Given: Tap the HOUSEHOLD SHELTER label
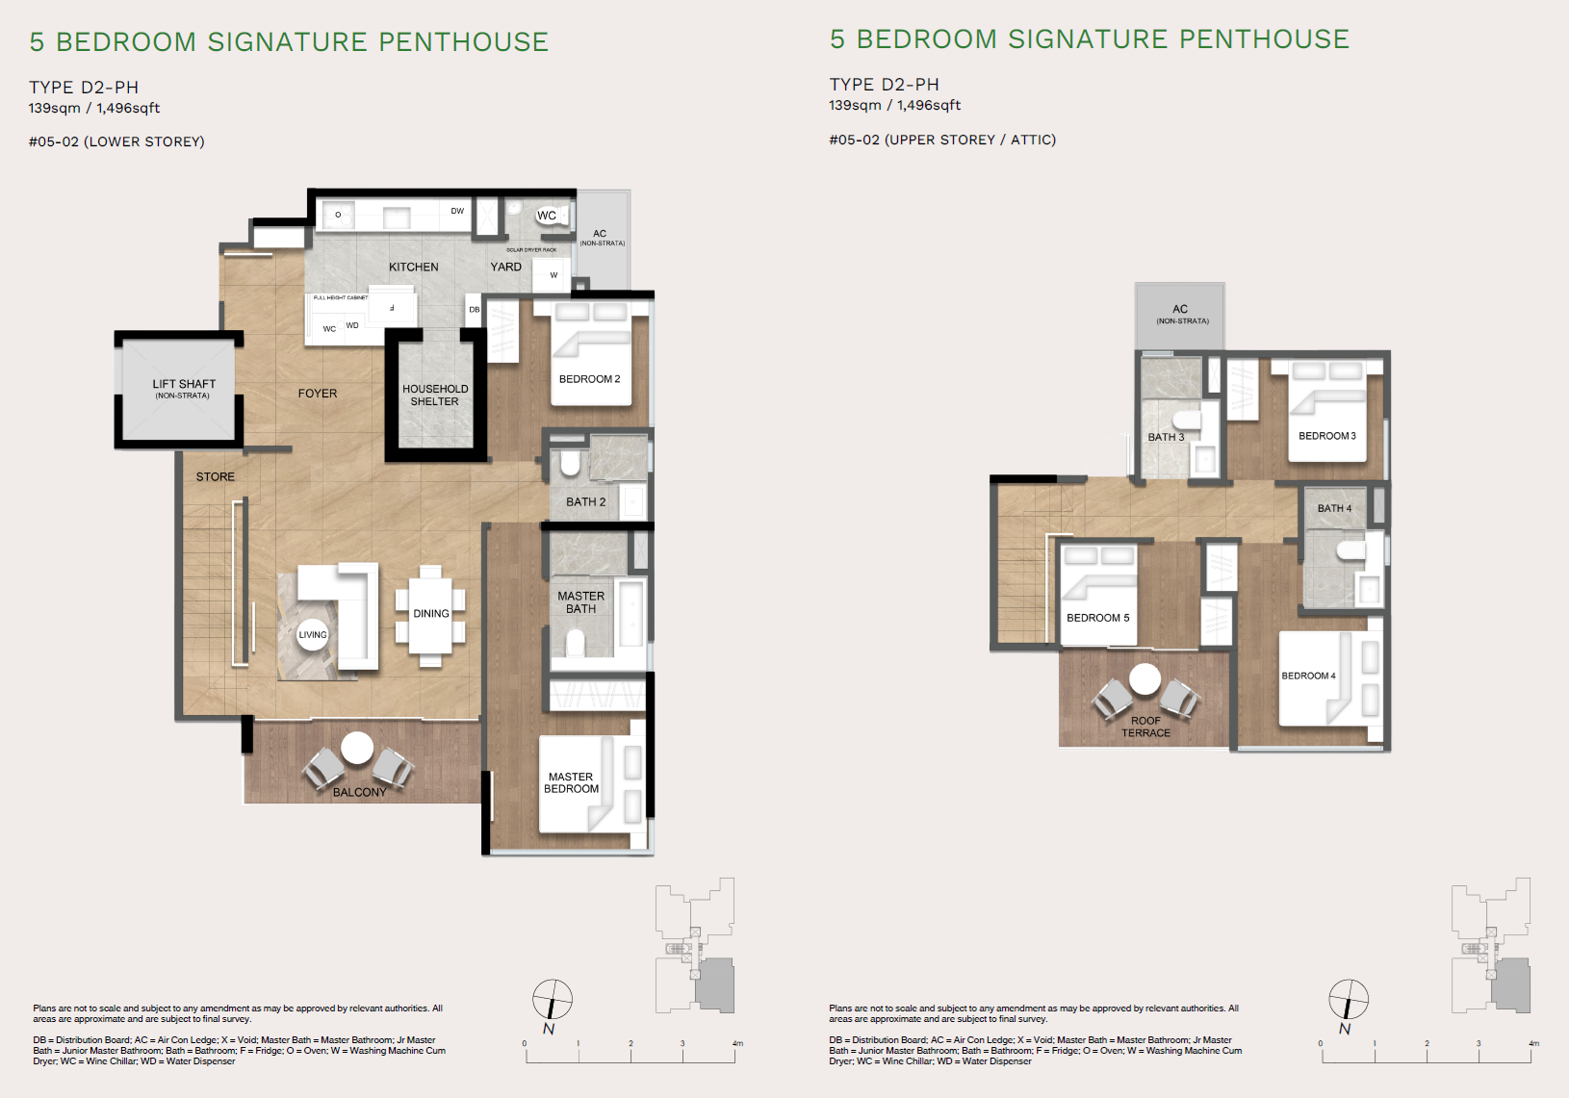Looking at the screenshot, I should (x=435, y=396).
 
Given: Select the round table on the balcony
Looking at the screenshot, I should (x=357, y=748).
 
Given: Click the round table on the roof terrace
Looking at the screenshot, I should (x=1145, y=678).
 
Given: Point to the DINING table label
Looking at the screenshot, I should (x=431, y=613).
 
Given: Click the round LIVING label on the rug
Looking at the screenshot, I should (x=312, y=634).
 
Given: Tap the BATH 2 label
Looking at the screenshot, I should (x=585, y=502).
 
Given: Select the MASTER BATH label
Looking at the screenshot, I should (x=580, y=602).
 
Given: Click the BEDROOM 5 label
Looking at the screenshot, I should (x=1097, y=618).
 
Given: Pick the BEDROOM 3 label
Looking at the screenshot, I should (x=1326, y=436).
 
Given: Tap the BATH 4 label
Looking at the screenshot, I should (x=1334, y=508).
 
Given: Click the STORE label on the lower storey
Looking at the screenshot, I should (x=215, y=476).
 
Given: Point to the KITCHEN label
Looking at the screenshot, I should (x=413, y=267).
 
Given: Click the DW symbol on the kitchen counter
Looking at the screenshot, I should (x=457, y=211).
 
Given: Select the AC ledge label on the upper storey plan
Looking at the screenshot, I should (x=1180, y=314).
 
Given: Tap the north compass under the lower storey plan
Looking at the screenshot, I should (x=553, y=1000).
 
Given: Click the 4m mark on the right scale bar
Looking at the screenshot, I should (x=1532, y=1044).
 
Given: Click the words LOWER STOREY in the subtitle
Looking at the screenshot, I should (x=144, y=141).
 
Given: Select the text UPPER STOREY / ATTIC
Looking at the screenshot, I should (x=970, y=140).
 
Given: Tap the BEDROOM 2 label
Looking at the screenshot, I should (x=589, y=379).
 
